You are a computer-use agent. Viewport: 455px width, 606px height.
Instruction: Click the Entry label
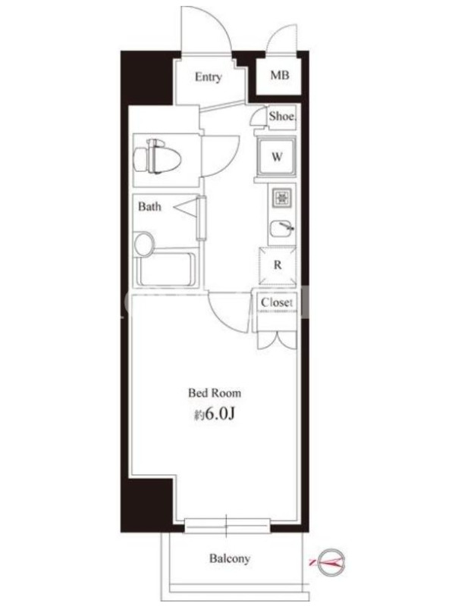(x=208, y=77)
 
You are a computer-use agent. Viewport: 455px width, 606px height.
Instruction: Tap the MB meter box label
(x=279, y=75)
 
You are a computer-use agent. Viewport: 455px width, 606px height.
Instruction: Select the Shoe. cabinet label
(x=283, y=116)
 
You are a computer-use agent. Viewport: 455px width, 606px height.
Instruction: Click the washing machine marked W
(x=276, y=158)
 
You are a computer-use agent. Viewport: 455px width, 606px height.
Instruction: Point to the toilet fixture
(x=157, y=158)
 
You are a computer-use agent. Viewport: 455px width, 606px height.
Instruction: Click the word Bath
(x=149, y=206)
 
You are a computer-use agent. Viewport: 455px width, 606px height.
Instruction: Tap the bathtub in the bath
(x=167, y=270)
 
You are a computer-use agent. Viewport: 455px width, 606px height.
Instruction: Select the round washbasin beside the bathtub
(x=143, y=244)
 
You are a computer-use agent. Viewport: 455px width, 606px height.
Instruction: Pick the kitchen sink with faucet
(x=282, y=228)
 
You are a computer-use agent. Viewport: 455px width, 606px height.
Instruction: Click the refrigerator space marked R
(x=278, y=266)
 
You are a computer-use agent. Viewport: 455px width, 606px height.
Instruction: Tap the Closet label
(x=276, y=302)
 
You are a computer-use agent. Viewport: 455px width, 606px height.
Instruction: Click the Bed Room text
(x=215, y=393)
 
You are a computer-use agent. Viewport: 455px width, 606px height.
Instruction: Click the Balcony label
(x=230, y=558)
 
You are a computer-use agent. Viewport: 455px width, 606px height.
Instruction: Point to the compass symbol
(x=331, y=560)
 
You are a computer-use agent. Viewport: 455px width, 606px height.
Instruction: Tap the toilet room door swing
(x=231, y=163)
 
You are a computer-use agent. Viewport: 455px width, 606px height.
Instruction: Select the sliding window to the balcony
(x=227, y=526)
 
